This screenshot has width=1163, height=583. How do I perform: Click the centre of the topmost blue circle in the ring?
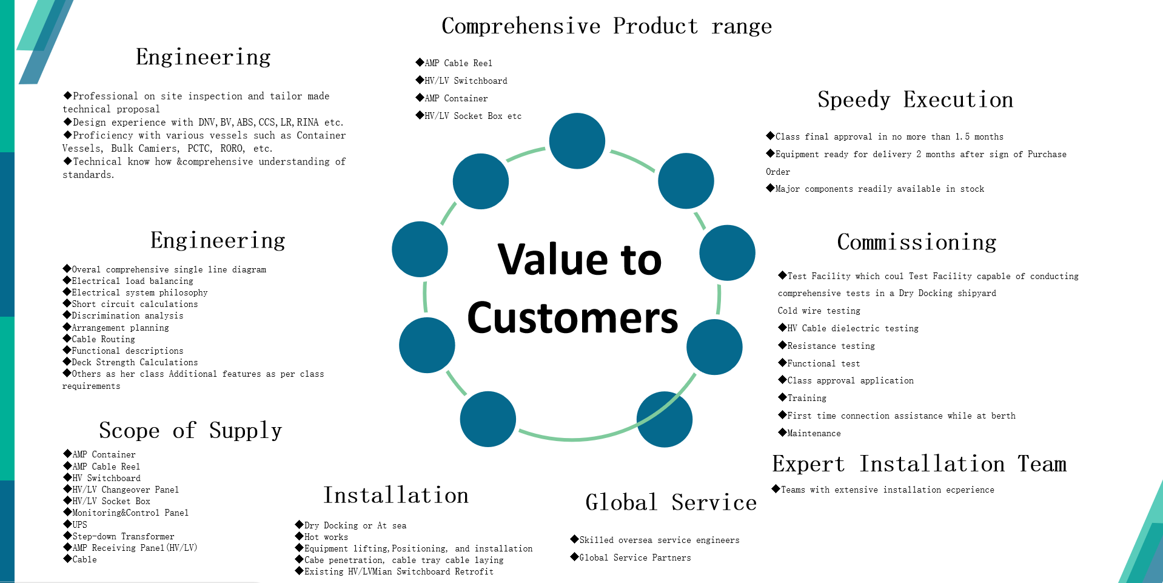577,141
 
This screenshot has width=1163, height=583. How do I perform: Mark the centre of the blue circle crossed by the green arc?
665,419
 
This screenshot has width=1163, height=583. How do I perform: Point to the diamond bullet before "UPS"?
67,524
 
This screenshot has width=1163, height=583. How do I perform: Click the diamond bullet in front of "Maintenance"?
782,432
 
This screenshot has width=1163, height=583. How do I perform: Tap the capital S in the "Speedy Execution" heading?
824,99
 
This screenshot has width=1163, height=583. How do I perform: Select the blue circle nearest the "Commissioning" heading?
728,253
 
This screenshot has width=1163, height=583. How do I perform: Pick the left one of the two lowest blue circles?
488,419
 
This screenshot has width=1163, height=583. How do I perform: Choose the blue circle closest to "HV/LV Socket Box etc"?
481,181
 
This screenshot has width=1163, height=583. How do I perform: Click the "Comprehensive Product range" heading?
607,26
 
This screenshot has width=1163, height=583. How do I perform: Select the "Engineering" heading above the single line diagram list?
218,241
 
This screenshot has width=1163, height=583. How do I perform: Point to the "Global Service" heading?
671,502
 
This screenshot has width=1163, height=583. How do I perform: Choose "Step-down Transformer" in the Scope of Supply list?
123,536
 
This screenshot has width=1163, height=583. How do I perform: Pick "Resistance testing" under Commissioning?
831,346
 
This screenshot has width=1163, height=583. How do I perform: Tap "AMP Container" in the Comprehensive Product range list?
456,98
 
